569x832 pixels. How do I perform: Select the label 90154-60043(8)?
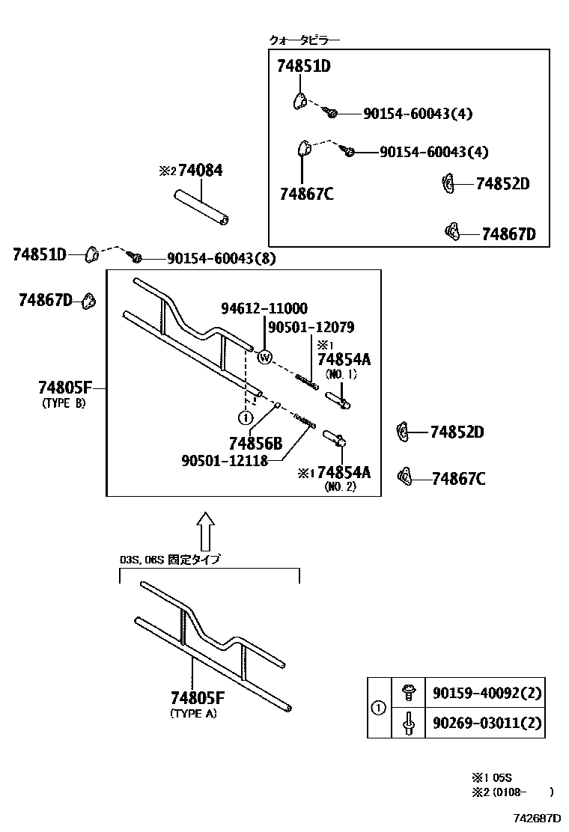point(211,259)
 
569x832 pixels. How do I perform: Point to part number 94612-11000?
point(264,308)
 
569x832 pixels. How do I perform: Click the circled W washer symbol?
point(264,358)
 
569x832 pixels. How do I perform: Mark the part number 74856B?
point(255,443)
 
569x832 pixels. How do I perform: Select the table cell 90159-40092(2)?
point(486,693)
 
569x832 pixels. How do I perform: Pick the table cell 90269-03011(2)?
point(486,724)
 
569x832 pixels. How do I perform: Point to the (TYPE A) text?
point(194,714)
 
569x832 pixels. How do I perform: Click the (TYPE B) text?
point(64,403)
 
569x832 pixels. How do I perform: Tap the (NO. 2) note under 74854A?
point(340,486)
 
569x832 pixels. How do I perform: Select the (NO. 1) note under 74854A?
point(341,373)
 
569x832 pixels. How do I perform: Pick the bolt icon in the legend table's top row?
point(408,693)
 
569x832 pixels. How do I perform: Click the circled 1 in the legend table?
point(379,708)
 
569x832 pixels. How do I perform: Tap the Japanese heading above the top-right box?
point(304,40)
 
